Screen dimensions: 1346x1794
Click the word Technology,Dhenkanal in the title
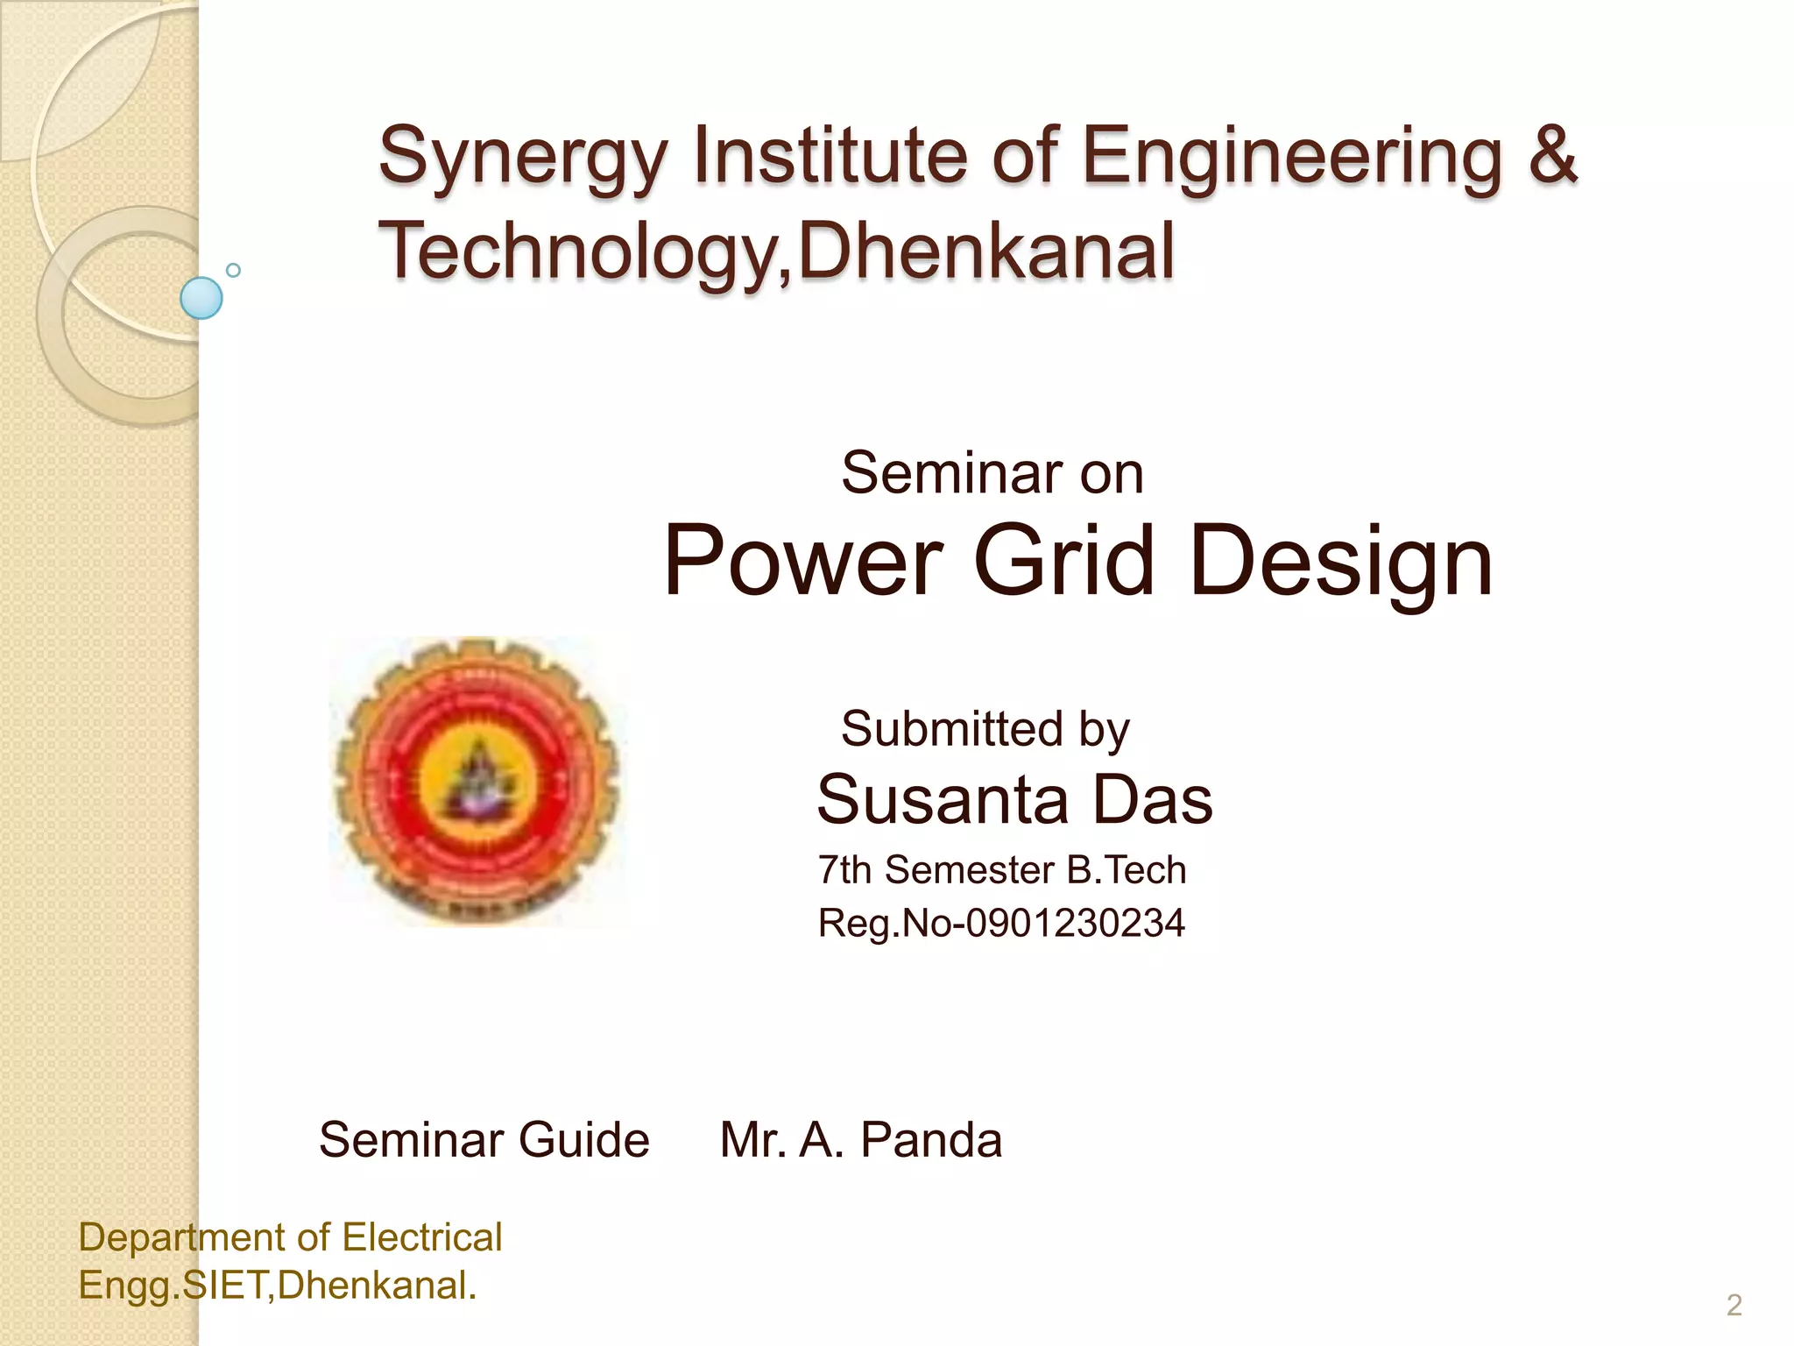point(776,251)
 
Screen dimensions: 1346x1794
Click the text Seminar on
point(992,473)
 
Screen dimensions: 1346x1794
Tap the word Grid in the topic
point(1063,561)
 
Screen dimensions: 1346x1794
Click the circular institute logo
point(478,781)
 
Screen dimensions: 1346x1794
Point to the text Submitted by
point(985,729)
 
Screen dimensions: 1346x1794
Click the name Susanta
point(943,799)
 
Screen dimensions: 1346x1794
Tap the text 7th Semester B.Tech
point(1002,870)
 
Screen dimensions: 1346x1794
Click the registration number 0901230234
point(1075,924)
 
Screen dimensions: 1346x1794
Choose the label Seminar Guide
point(484,1140)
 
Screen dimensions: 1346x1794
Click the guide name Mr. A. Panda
point(861,1140)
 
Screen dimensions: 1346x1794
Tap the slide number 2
point(1734,1306)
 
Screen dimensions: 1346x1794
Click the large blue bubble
point(201,298)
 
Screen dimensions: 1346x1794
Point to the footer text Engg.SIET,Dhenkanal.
point(278,1286)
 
